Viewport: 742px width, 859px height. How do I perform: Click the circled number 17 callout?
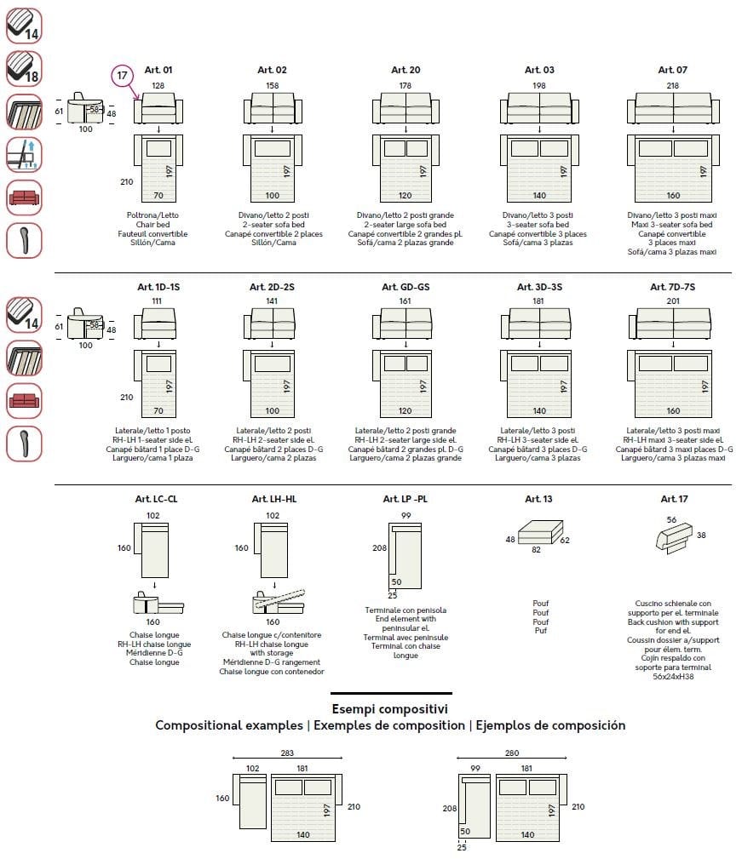click(x=123, y=76)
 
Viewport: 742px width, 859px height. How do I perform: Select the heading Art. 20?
click(x=406, y=70)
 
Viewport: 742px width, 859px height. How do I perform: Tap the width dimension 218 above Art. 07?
click(x=673, y=85)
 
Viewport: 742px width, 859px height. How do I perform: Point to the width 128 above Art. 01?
click(x=158, y=85)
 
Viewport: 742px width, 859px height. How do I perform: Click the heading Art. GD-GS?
click(x=406, y=287)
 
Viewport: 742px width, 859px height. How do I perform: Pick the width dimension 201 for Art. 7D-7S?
click(x=673, y=301)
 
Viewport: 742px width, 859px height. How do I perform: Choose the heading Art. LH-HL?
click(x=273, y=499)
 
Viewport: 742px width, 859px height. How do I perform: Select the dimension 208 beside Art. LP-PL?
click(x=379, y=548)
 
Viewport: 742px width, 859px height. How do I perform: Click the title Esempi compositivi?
click(x=390, y=708)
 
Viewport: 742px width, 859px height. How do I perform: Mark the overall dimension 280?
click(x=512, y=753)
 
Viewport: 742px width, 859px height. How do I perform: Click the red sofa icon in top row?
click(x=23, y=198)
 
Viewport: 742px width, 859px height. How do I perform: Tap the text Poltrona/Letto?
click(x=158, y=215)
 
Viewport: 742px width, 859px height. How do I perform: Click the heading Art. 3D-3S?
click(x=539, y=287)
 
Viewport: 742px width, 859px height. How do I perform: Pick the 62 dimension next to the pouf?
click(x=564, y=540)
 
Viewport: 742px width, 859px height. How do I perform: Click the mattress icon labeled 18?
click(x=23, y=68)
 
